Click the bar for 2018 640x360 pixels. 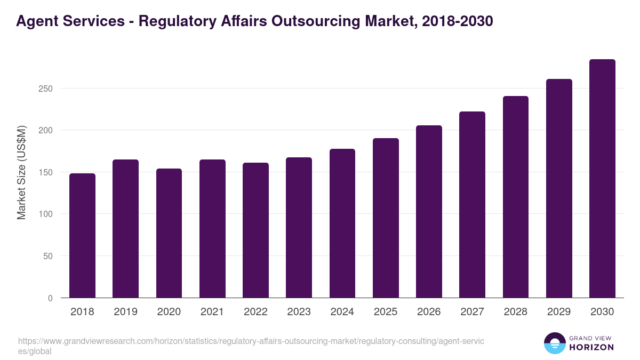click(82, 236)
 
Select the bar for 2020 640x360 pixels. click(169, 233)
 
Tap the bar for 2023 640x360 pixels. click(299, 228)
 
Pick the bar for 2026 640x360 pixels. click(429, 212)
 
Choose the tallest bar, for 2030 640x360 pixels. click(602, 179)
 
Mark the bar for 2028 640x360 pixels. click(516, 197)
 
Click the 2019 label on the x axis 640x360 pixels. click(125, 312)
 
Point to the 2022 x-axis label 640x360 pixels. click(255, 312)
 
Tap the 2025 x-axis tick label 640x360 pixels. click(386, 312)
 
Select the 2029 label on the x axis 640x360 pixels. click(559, 312)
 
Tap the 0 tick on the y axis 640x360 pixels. click(50, 299)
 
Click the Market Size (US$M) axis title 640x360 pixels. click(21, 172)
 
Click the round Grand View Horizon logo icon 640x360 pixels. click(554, 343)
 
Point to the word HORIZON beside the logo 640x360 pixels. click(591, 347)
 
